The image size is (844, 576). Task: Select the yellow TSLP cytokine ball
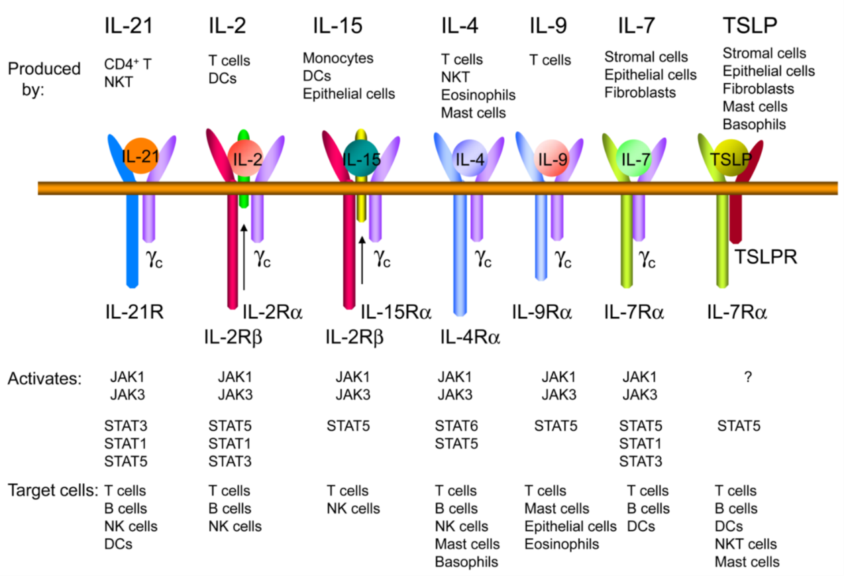click(725, 158)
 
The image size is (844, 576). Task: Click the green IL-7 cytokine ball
click(633, 158)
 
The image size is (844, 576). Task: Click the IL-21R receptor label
click(134, 311)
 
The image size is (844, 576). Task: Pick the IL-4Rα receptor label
click(470, 337)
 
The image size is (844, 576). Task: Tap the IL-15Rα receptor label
click(396, 311)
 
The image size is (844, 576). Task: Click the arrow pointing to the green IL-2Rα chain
click(244, 259)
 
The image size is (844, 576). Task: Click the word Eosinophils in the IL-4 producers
click(478, 95)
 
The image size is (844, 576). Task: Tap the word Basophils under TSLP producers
click(755, 124)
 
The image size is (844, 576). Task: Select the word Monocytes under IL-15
click(338, 58)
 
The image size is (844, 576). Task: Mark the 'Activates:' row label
click(44, 379)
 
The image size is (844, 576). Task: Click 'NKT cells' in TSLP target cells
click(745, 544)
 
